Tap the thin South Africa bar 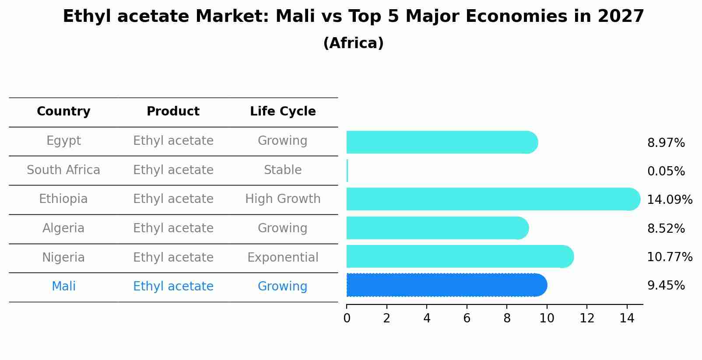coord(347,171)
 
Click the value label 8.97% coord(666,143)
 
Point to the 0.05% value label coord(666,171)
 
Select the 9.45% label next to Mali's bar coord(666,286)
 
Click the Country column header coord(63,112)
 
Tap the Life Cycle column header coord(283,112)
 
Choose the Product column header coord(173,112)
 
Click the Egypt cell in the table coord(63,141)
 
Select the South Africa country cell coord(63,170)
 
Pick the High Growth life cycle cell coord(283,199)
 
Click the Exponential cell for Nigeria coord(283,258)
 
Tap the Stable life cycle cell coord(283,170)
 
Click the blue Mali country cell coord(63,287)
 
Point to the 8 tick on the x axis coord(507,318)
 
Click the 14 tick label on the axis coord(627,318)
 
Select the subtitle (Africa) coord(353,43)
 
